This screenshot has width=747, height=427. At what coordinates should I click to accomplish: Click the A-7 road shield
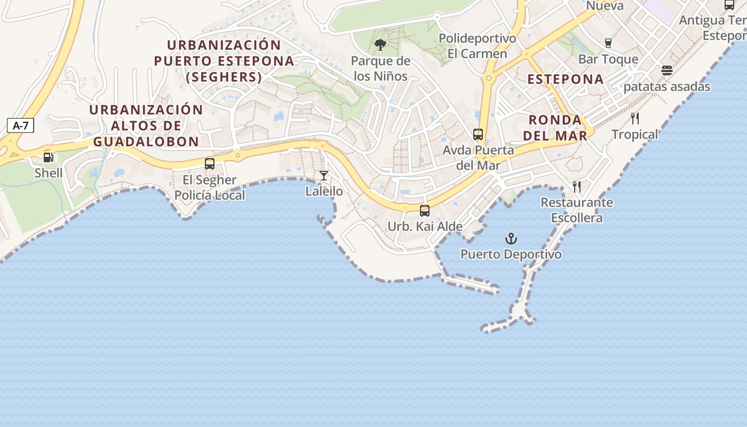coord(21,126)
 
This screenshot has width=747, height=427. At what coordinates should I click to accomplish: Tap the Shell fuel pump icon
coord(49,157)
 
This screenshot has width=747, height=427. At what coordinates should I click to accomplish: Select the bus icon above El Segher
coord(210,164)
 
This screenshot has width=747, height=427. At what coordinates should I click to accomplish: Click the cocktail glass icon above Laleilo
coord(324,175)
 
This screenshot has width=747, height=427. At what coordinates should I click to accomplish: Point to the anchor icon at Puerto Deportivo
coord(511,238)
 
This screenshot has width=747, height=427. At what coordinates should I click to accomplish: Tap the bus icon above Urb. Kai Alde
coord(425,210)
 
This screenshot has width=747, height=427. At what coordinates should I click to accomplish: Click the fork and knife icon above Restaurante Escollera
coord(577,186)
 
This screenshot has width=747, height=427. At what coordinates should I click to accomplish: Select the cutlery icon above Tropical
coord(635,118)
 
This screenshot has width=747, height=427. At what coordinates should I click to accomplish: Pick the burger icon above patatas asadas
coord(666,70)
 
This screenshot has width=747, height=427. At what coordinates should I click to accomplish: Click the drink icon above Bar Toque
coord(608,43)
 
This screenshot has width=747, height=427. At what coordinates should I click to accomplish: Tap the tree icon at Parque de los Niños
coord(380,45)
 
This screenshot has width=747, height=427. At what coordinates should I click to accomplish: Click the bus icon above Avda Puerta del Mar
coord(478,134)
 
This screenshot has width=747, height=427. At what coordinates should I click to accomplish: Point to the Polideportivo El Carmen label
coord(477,46)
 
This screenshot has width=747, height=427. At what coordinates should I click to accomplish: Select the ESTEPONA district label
coord(566,80)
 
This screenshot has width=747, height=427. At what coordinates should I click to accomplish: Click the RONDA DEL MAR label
coord(555,128)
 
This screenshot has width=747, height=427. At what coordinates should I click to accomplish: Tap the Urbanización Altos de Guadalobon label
coord(146,125)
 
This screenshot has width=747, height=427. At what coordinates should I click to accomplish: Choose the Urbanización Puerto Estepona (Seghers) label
coord(224,61)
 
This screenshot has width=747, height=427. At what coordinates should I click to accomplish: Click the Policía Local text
coord(210,195)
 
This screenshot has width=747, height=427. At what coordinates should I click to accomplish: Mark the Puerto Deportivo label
coord(511,254)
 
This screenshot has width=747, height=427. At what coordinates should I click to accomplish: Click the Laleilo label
coord(324,191)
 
